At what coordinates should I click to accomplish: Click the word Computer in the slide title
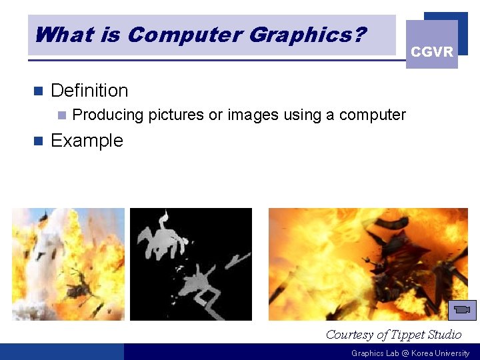[175, 34]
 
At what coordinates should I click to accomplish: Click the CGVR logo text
[431, 52]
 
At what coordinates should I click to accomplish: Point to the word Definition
[89, 90]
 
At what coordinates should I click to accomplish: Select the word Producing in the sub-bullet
[108, 115]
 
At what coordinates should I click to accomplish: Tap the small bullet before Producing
[61, 115]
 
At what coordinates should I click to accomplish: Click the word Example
[87, 141]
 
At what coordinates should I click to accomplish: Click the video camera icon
[461, 310]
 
